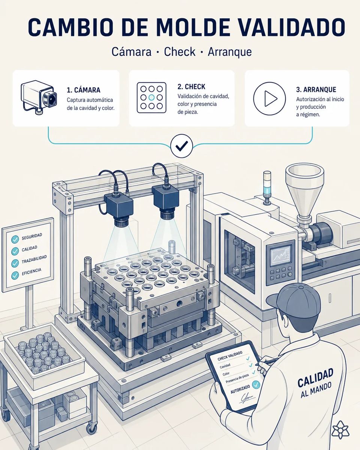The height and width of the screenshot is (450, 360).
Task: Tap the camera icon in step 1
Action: [39, 97]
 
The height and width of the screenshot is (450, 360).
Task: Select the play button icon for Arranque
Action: [269, 99]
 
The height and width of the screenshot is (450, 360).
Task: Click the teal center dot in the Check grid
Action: [151, 97]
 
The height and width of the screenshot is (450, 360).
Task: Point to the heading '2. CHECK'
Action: [191, 87]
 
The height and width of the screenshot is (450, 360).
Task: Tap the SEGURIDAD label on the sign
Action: [32, 237]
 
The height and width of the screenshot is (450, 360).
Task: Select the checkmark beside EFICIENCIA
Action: [15, 275]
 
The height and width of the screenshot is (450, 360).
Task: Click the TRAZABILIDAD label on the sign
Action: [34, 259]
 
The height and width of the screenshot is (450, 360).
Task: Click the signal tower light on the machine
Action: [267, 187]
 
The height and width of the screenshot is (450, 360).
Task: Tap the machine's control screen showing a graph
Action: [281, 255]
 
